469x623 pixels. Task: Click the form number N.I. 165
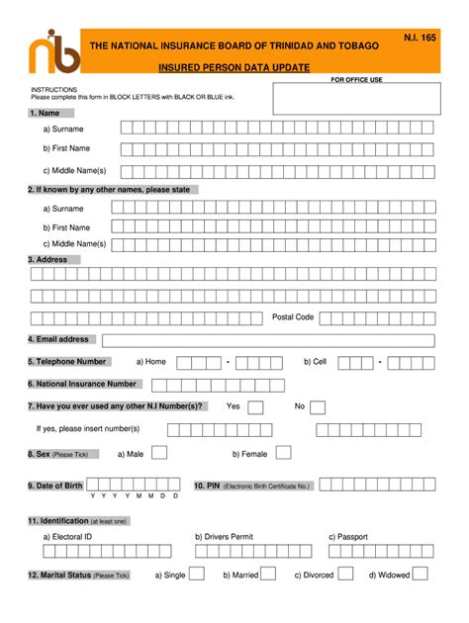(420, 37)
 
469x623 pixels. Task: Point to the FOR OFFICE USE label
(356, 79)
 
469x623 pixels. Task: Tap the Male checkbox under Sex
(159, 452)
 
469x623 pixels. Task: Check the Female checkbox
(284, 452)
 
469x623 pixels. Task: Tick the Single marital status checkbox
(197, 574)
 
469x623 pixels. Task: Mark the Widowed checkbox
(421, 574)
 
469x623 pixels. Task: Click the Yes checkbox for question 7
(255, 406)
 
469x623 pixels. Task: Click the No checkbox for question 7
(320, 406)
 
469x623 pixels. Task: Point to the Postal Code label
(293, 317)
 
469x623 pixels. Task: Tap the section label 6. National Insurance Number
(83, 384)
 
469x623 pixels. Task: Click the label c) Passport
(348, 536)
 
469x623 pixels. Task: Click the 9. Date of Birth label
(55, 486)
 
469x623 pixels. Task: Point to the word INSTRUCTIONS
(53, 89)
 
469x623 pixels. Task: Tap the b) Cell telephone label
(315, 362)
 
